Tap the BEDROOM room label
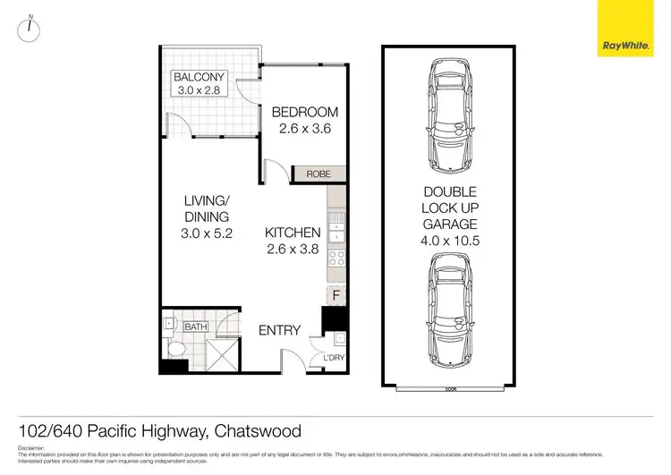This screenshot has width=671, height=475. point(305,112)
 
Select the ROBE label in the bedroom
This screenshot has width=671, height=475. point(319,174)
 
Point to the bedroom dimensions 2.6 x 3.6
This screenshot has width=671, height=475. point(305,128)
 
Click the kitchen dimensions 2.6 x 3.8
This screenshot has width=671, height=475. point(292,249)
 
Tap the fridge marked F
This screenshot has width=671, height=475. point(336,293)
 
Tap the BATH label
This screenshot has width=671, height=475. point(196,327)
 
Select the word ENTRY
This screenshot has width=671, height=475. point(279,330)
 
